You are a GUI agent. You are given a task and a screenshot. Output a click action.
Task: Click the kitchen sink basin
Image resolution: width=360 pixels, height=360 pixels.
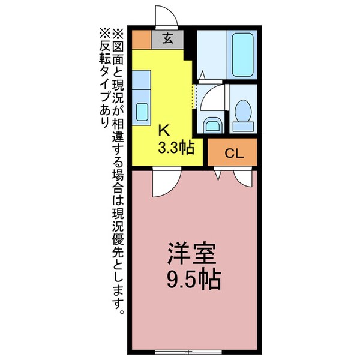tap(142, 112)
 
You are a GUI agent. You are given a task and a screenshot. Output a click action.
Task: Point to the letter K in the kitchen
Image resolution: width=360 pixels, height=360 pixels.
tap(164, 130)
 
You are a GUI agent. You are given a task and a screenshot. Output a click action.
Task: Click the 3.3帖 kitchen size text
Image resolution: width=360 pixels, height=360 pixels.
tap(175, 148)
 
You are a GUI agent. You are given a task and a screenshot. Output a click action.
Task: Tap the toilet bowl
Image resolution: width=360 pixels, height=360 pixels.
tap(243, 113)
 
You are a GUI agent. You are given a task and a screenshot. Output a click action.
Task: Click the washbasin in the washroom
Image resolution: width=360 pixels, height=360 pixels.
tap(212, 125)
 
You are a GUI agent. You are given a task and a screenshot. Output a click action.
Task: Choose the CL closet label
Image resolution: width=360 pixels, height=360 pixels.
tap(233, 153)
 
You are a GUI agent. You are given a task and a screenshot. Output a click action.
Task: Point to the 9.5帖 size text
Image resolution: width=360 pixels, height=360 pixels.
tap(193, 279)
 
